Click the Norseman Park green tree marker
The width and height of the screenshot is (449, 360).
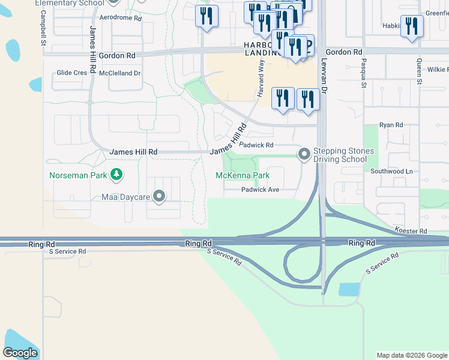pyautogui.click(x=116, y=175)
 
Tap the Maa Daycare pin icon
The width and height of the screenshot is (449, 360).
pyautogui.click(x=159, y=196)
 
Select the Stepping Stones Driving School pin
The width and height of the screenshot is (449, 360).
pyautogui.click(x=304, y=155)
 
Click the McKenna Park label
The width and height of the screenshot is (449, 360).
pyautogui.click(x=243, y=176)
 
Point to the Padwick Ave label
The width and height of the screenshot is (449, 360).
pyautogui.click(x=261, y=190)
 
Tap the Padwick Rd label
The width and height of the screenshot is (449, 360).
pyautogui.click(x=256, y=145)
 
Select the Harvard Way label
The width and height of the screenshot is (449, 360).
pyautogui.click(x=261, y=81)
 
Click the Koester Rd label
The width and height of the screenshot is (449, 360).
pyautogui.click(x=411, y=231)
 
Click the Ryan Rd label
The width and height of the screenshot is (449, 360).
pyautogui.click(x=391, y=125)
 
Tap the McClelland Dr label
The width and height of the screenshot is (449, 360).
pyautogui.click(x=119, y=73)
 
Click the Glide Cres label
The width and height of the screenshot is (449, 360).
pyautogui.click(x=72, y=73)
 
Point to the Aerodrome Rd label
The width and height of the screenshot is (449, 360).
pyautogui.click(x=121, y=19)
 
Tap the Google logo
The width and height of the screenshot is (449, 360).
pyautogui.click(x=20, y=353)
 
